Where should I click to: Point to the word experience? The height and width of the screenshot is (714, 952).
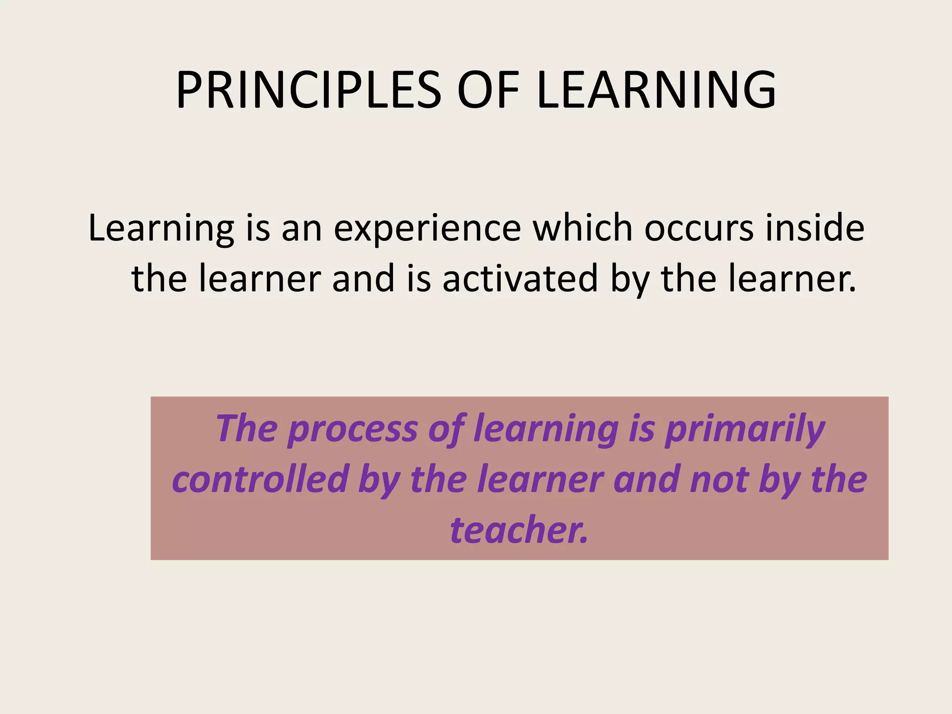pos(427,229)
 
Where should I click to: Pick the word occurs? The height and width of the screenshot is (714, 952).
pos(699,229)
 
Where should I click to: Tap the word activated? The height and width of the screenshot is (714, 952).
pos(520,278)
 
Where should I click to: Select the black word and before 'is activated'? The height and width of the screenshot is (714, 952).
pos(363,278)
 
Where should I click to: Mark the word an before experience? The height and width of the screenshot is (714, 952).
pos(302,229)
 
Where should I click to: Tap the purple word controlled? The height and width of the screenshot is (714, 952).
pos(260,480)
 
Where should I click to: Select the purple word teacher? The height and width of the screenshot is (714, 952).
pos(519,530)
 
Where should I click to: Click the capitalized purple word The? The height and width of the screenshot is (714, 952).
pos(246,429)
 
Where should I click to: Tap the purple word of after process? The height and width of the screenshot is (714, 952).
pos(447,429)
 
